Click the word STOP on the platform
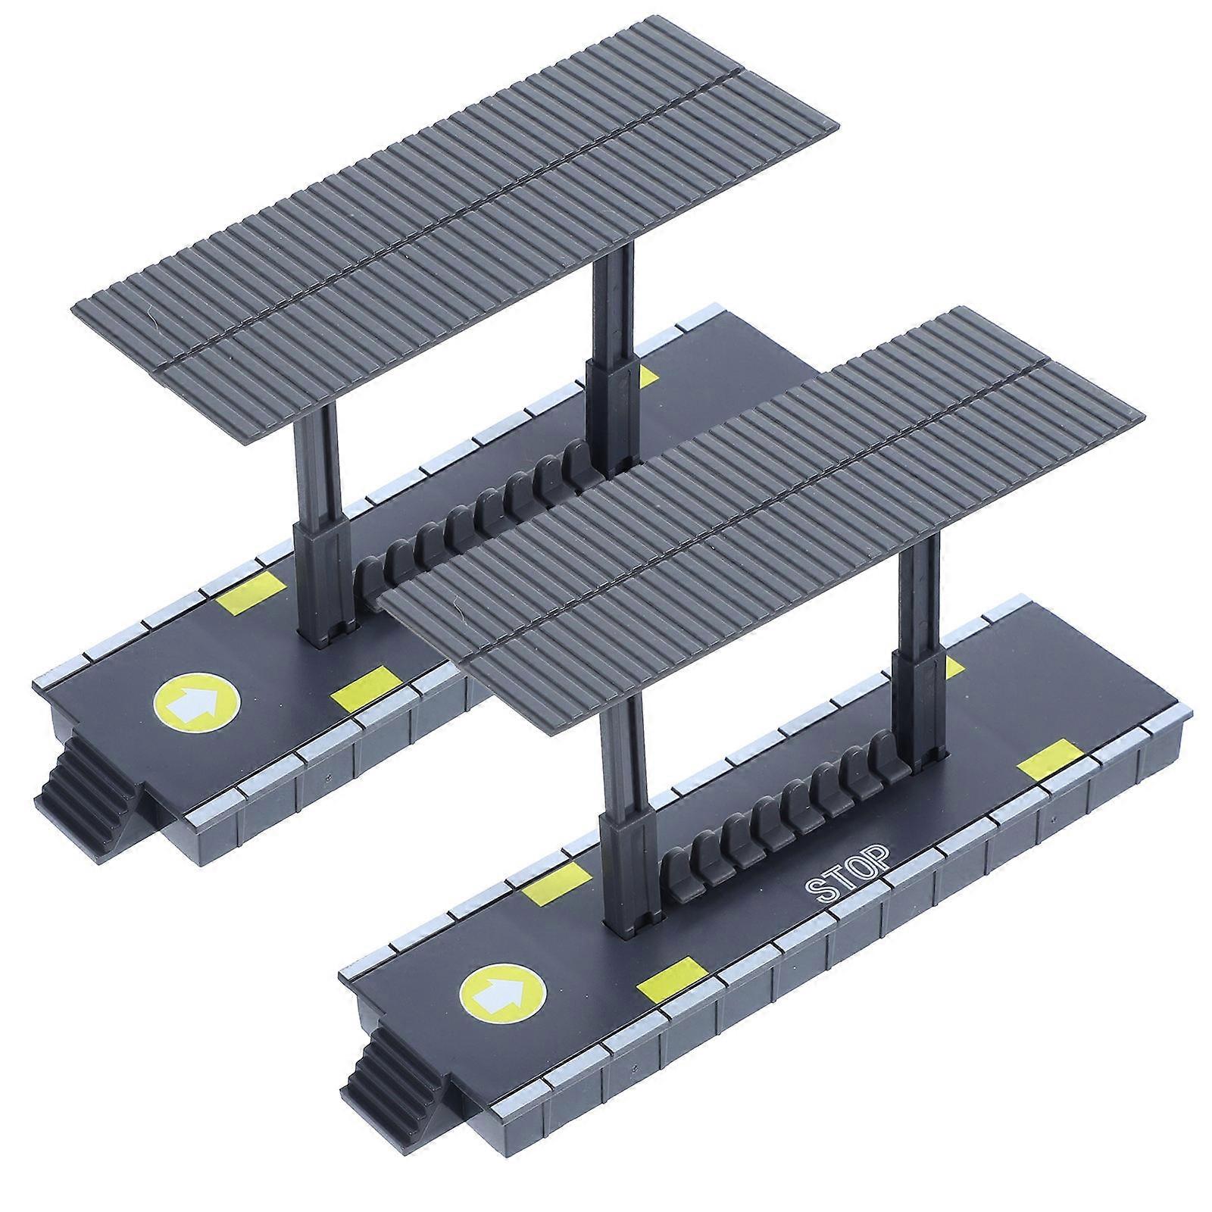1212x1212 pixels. pyautogui.click(x=848, y=881)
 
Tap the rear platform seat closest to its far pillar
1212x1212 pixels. pyautogui.click(x=573, y=456)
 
